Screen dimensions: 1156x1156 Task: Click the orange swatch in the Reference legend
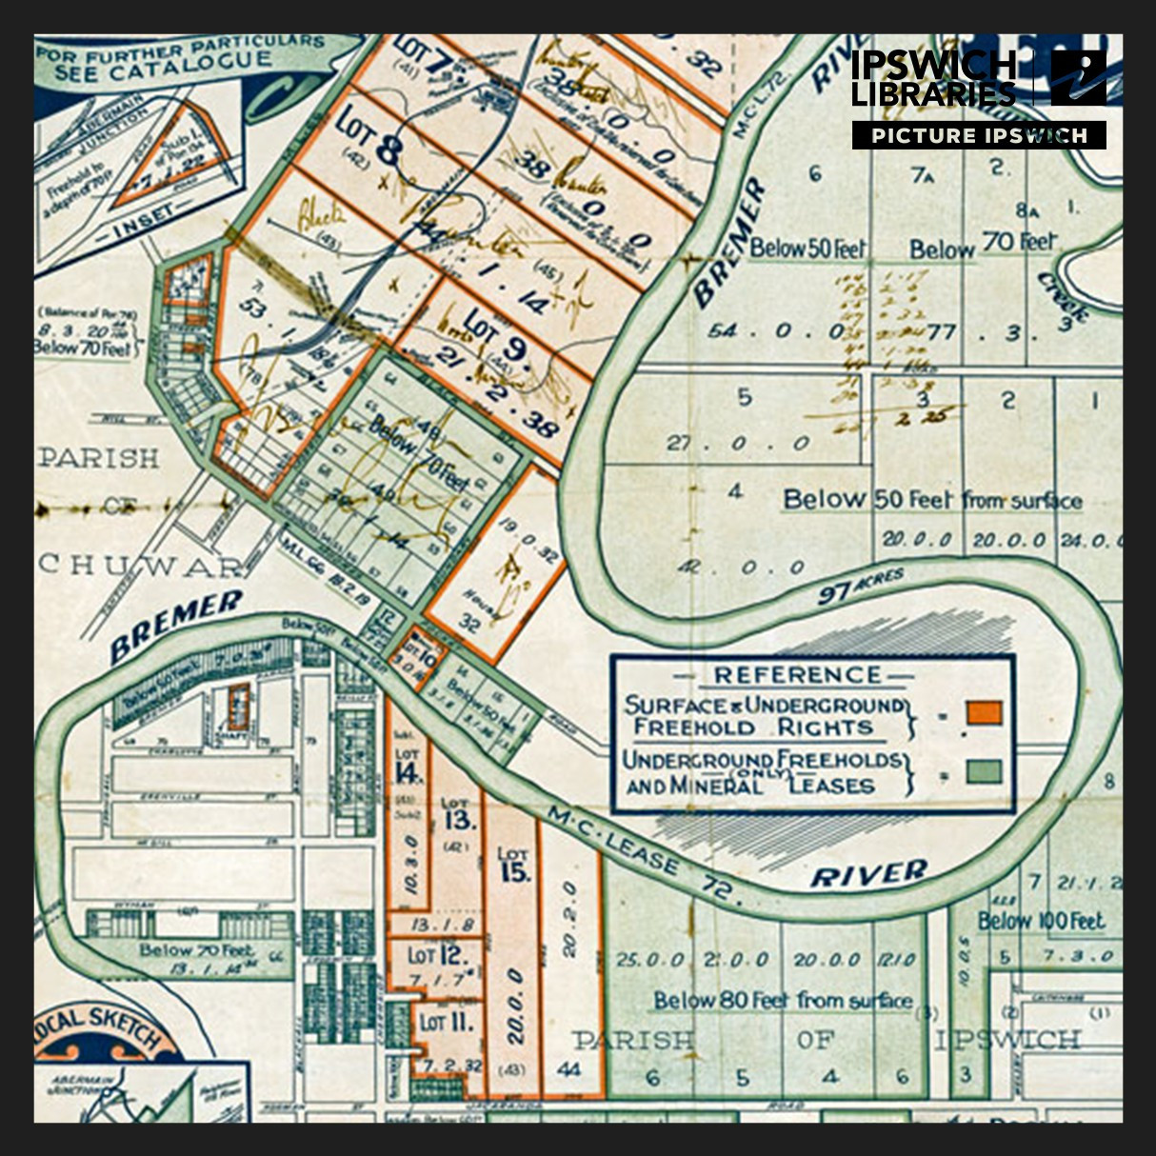point(984,712)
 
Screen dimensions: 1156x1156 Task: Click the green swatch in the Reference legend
point(984,770)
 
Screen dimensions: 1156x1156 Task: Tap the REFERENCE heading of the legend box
point(797,675)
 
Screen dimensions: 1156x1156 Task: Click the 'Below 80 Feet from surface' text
point(782,1000)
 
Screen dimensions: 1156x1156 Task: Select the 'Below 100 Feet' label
point(1041,921)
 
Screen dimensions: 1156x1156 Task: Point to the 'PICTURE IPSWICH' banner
point(979,135)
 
